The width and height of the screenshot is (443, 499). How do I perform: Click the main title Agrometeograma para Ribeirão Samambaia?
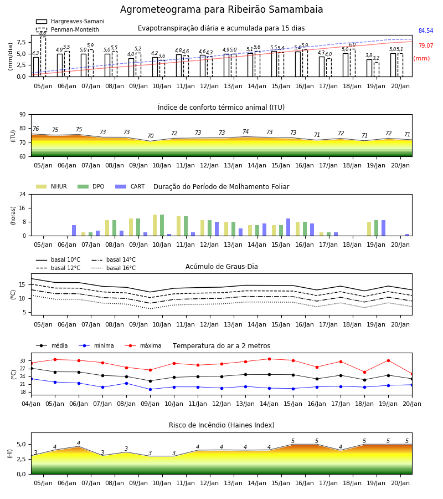coord(221,9)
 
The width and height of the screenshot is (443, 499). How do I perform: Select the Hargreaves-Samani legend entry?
coord(70,21)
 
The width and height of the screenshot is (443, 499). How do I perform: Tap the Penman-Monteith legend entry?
coord(68,29)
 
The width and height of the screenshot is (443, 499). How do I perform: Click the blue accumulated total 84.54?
coord(426,31)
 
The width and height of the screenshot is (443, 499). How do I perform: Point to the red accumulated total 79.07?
coord(426,46)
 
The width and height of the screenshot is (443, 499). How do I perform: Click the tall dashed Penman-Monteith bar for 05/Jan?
coord(43,57)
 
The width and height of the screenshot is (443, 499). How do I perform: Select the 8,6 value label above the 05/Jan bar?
coord(43,33)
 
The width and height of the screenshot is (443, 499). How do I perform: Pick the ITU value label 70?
coord(150,136)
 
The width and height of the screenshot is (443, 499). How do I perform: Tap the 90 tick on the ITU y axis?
coord(23,115)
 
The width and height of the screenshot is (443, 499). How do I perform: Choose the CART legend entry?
coord(130,186)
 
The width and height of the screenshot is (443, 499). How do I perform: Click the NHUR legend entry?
coord(51,186)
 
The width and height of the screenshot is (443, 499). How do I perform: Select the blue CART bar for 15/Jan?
coord(289,227)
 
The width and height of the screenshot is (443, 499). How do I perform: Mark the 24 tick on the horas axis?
coord(23,195)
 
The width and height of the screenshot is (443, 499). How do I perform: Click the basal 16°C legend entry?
coord(114,268)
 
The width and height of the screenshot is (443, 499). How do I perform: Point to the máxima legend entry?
coord(143,345)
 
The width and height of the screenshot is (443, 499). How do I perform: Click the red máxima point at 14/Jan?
coord(270,359)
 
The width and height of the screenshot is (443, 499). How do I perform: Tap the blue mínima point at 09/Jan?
coord(150,389)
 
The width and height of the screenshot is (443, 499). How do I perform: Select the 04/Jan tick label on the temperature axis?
coord(31,404)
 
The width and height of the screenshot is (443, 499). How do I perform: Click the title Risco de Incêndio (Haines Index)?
coord(221,425)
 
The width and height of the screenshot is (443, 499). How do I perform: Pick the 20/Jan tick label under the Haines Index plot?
coord(400,483)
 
